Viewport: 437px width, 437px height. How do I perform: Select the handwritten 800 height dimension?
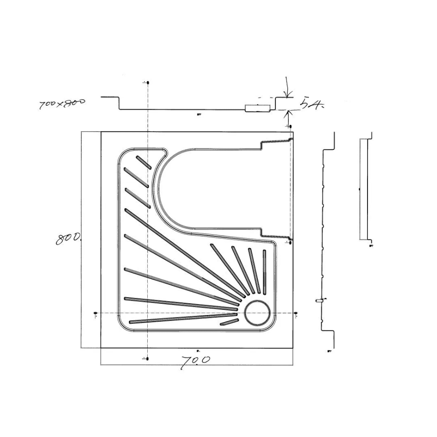point(69,238)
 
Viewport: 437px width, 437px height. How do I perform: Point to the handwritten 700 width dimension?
point(195,361)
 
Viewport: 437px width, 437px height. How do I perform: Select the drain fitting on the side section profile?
point(319,301)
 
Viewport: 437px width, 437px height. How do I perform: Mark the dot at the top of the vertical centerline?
point(148,82)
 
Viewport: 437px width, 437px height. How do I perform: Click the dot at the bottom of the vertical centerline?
point(148,359)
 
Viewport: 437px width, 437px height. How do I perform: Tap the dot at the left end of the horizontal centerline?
point(96,313)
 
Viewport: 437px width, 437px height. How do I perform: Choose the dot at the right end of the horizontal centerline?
point(296,313)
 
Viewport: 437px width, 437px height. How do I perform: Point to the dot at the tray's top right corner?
point(291,127)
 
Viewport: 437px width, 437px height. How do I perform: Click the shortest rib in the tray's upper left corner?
point(144,162)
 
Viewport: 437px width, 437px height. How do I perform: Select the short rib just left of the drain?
point(229,322)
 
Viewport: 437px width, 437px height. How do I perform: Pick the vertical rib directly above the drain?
point(264,271)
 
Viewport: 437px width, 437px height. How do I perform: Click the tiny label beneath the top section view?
point(199,115)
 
